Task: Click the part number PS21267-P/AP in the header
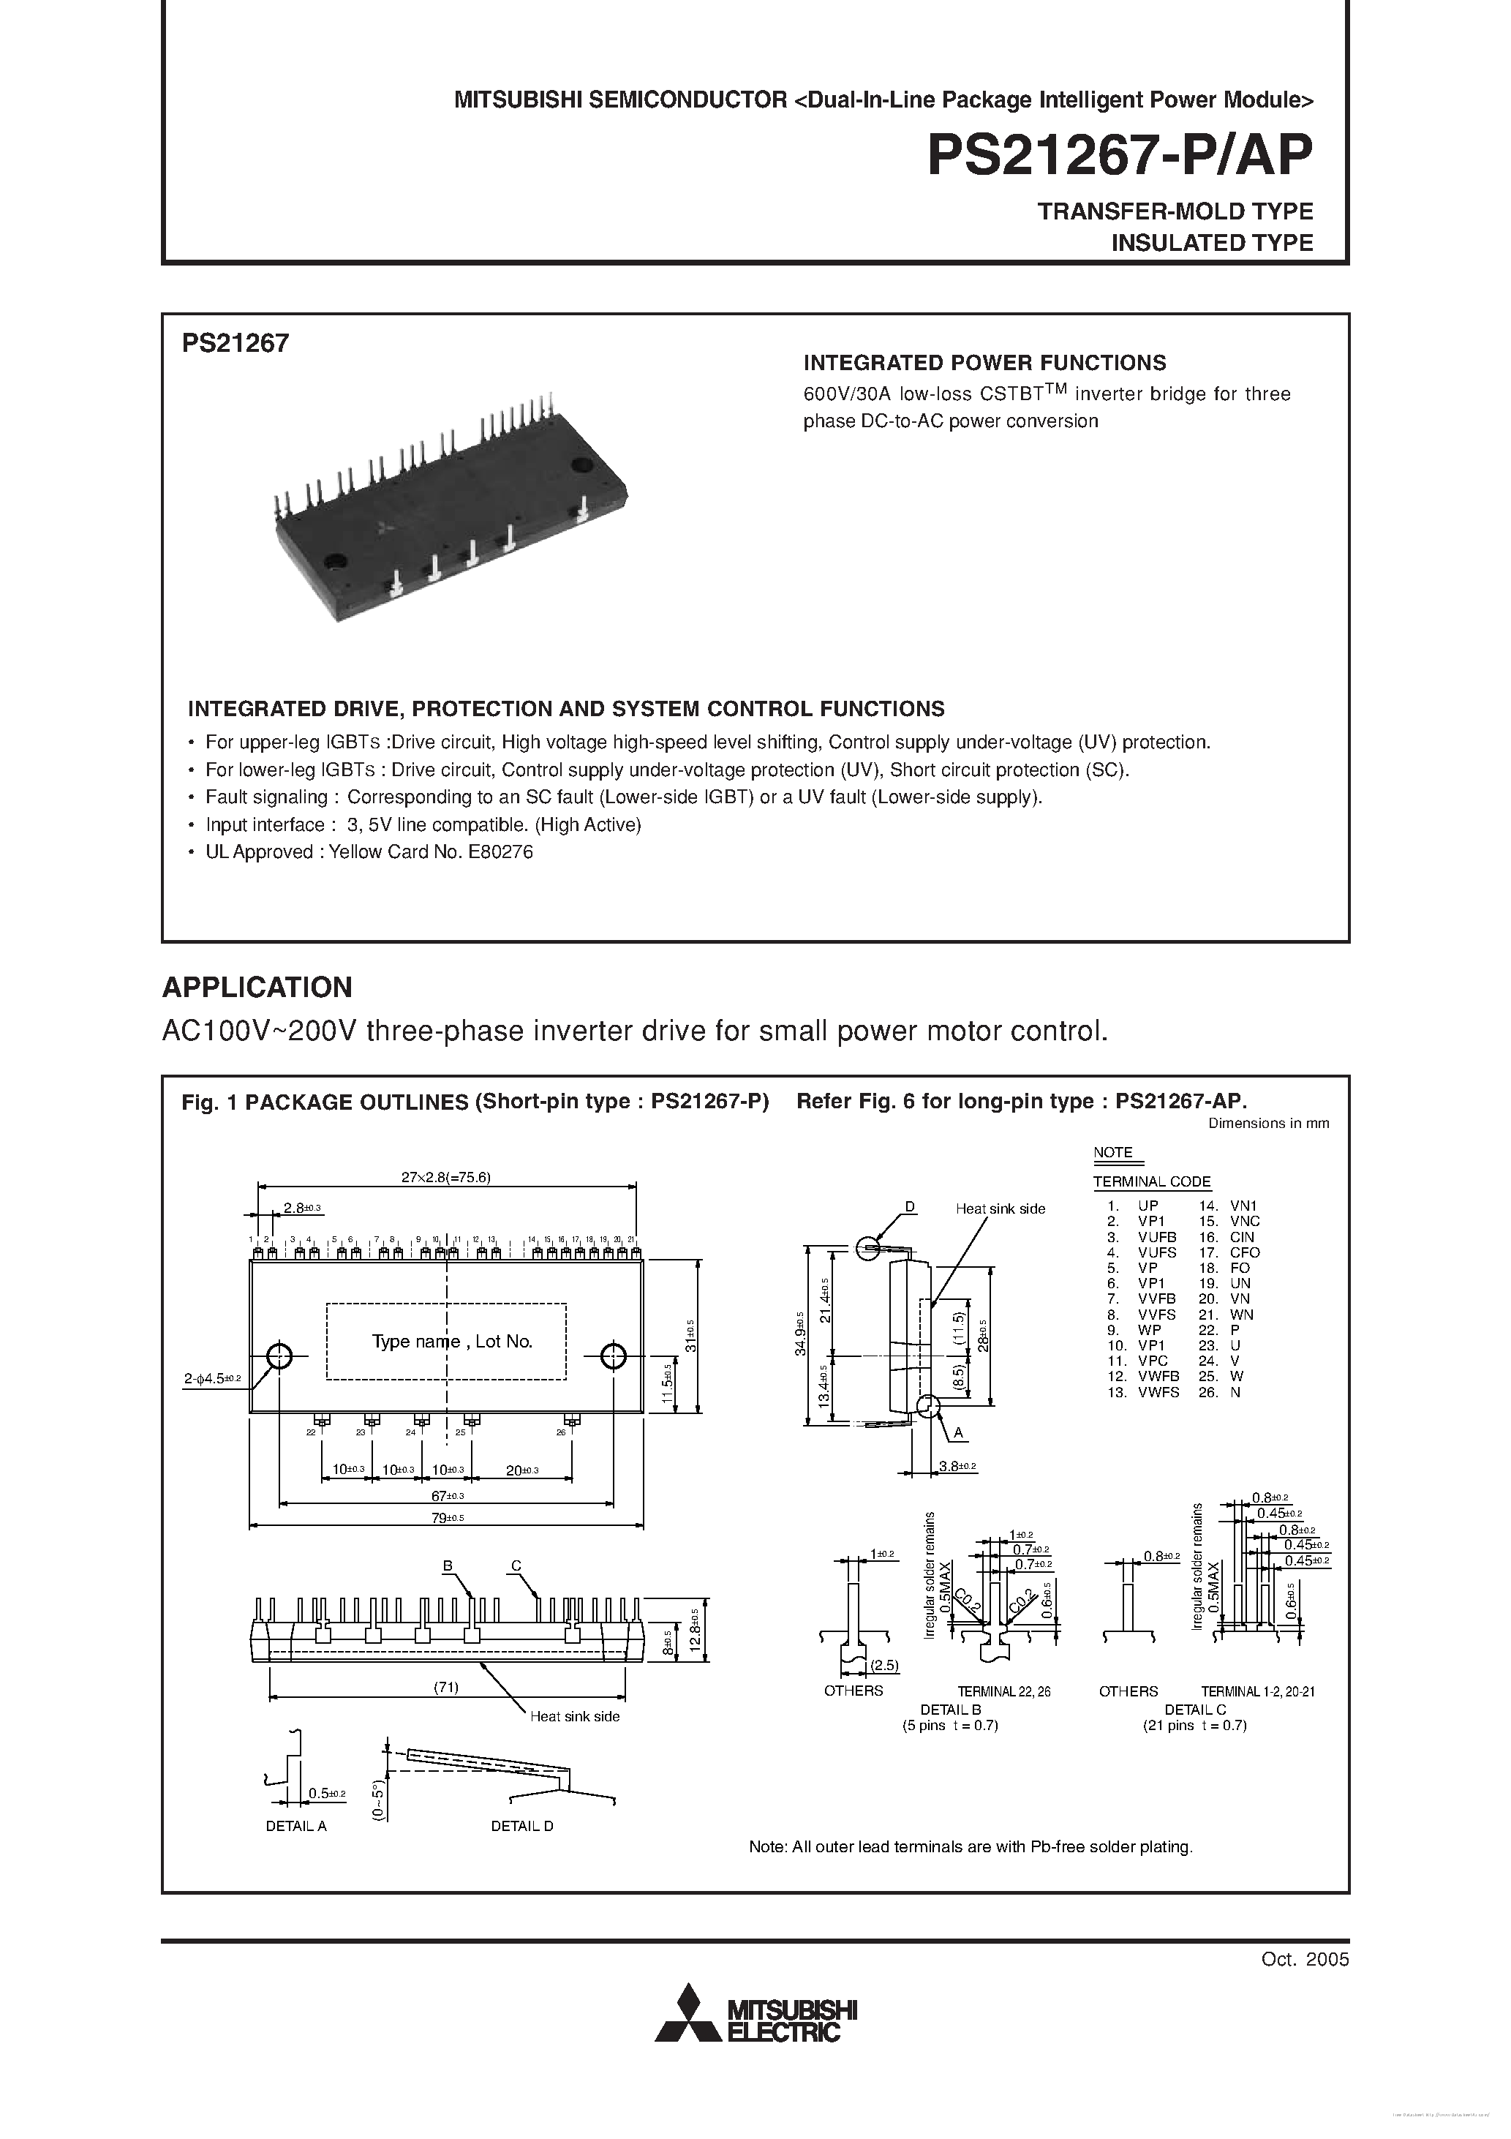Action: coord(1120,156)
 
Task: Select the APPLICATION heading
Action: coord(257,988)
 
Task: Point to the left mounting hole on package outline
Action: coord(279,1356)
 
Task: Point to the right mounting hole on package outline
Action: coord(613,1356)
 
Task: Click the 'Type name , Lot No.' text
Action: coord(452,1342)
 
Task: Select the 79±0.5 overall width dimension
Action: coord(447,1518)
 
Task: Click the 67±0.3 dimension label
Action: coord(447,1495)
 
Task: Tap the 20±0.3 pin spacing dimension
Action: coord(521,1470)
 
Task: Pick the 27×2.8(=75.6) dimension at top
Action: coord(445,1176)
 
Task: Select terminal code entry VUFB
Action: coord(1156,1236)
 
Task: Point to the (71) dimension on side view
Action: coord(446,1687)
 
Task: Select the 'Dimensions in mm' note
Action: coord(1269,1124)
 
